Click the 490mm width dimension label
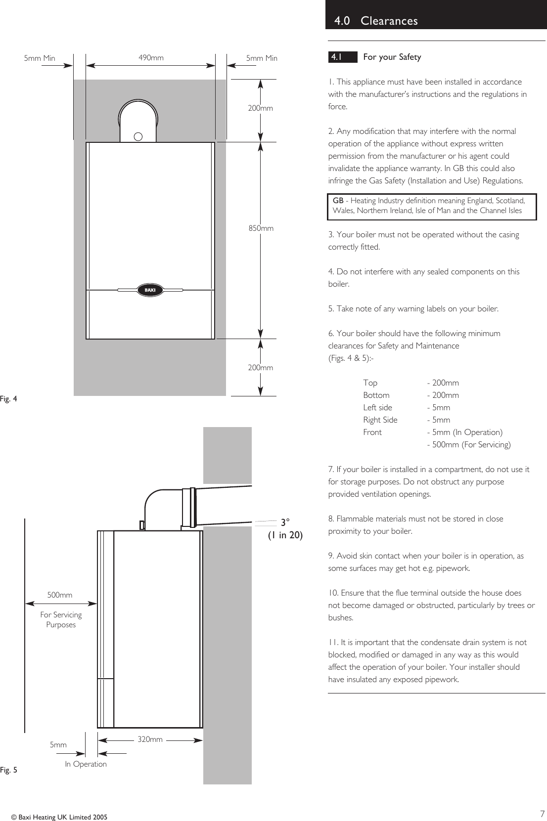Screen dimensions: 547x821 pos(151,58)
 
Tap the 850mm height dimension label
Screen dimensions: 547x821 pos(261,228)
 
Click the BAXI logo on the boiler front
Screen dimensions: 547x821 pos(150,290)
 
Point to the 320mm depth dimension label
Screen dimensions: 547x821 pos(150,739)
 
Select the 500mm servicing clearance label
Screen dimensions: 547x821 pos(59,595)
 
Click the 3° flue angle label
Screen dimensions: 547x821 pos(285,522)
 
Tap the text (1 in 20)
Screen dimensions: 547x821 pos(285,535)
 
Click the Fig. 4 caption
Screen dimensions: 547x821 pos(8,399)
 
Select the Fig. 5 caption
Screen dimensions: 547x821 pos(8,770)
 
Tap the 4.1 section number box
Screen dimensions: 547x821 pos(342,57)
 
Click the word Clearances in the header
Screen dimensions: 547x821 pos(389,21)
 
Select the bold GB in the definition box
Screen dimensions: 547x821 pos(338,201)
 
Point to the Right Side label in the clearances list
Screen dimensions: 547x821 pos(380,420)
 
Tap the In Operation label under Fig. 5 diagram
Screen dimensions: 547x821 pos(86,764)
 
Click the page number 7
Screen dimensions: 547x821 pos(542,814)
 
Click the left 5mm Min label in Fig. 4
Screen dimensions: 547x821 pos(40,58)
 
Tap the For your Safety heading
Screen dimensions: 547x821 pos(392,57)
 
